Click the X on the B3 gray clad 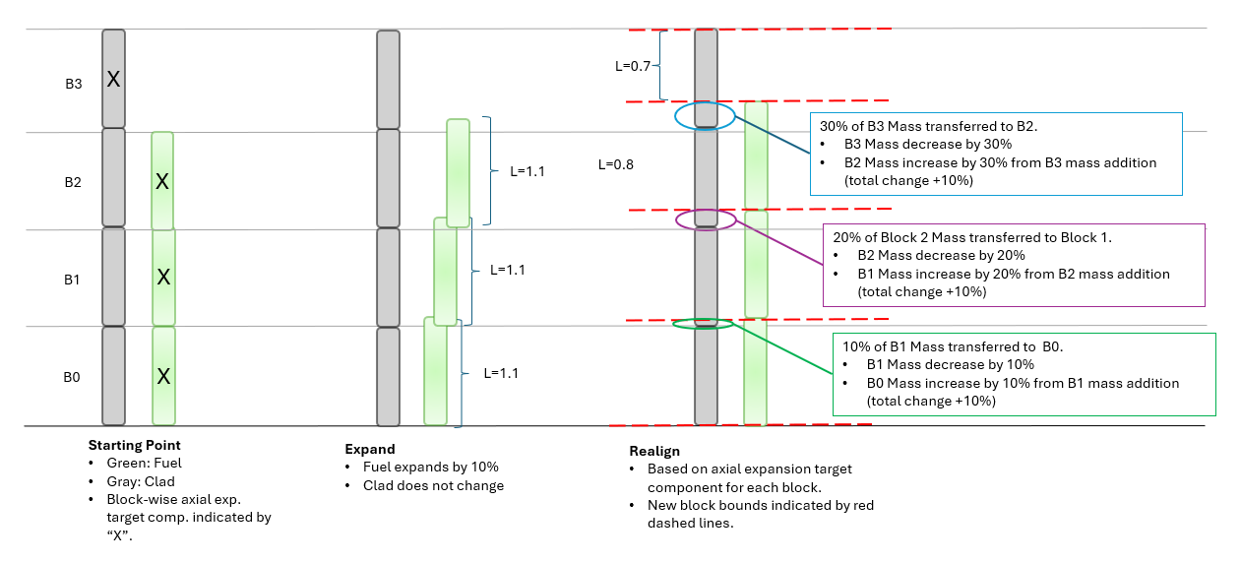tap(113, 79)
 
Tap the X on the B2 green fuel tap(163, 181)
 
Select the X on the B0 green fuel tap(164, 376)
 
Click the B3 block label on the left tap(74, 84)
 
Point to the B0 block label tap(72, 377)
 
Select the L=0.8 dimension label tap(616, 164)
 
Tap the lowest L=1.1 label tap(501, 373)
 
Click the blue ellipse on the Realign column tap(705, 116)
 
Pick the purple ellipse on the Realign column tap(705, 219)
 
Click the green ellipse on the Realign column tap(703, 323)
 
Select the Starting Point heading tap(134, 445)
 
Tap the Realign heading tap(653, 451)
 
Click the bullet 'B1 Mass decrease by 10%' tap(950, 364)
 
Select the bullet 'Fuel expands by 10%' tap(431, 467)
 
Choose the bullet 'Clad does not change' tap(433, 485)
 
